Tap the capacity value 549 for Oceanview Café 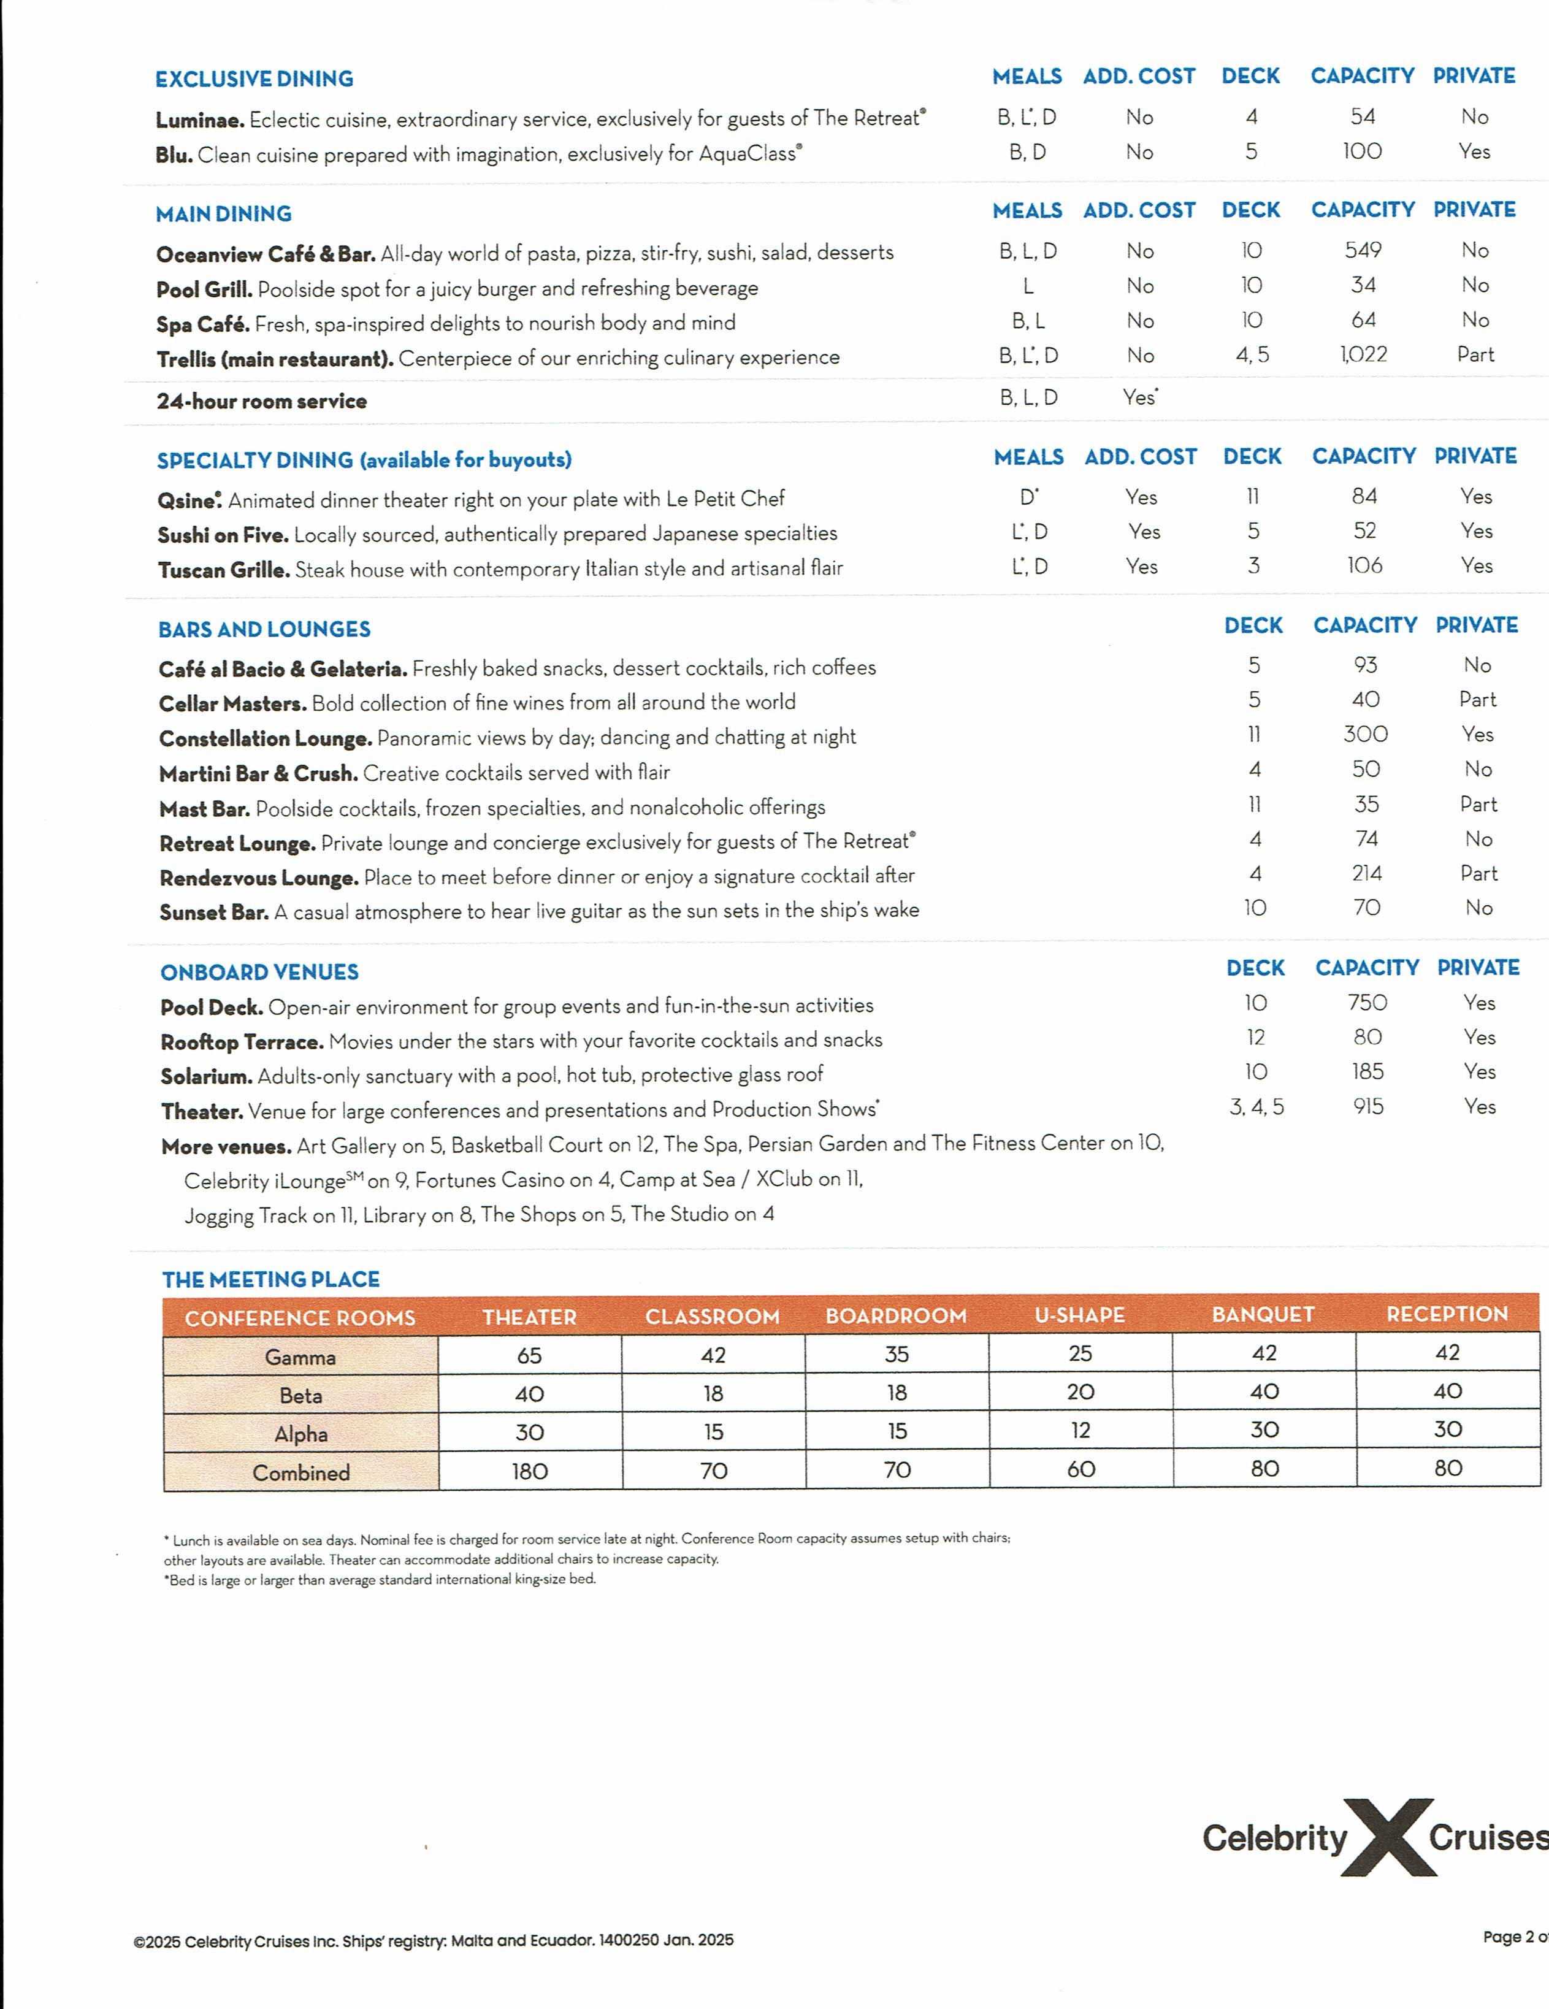pos(1363,250)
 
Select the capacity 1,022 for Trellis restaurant pos(1363,355)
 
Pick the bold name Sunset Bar pos(213,913)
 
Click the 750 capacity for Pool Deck pos(1367,1003)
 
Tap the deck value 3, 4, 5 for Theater pos(1256,1106)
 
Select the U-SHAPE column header pos(1080,1315)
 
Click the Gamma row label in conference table pos(300,1357)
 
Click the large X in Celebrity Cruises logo pos(1389,1838)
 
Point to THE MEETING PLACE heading pos(270,1279)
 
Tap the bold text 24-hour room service pos(261,401)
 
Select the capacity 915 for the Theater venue pos(1367,1106)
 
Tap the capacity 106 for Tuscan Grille pos(1365,565)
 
